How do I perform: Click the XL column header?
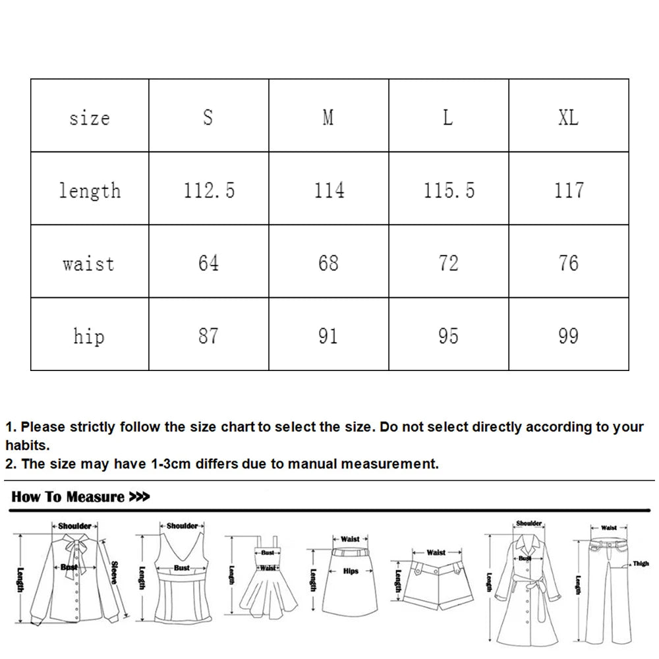pyautogui.click(x=568, y=117)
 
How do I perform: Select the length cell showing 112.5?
pyautogui.click(x=209, y=190)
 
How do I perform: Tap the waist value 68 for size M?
pyautogui.click(x=328, y=263)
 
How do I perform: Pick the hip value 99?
pyautogui.click(x=568, y=336)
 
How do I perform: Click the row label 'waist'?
pyautogui.click(x=89, y=264)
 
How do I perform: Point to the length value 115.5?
pyautogui.click(x=449, y=190)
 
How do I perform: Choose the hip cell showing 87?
pyautogui.click(x=208, y=336)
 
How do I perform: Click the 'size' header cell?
pyautogui.click(x=89, y=118)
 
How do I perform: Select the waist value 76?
pyautogui.click(x=568, y=263)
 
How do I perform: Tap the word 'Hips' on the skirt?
pyautogui.click(x=351, y=571)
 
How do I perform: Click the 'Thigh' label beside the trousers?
pyautogui.click(x=641, y=563)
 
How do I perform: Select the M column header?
pyautogui.click(x=328, y=117)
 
